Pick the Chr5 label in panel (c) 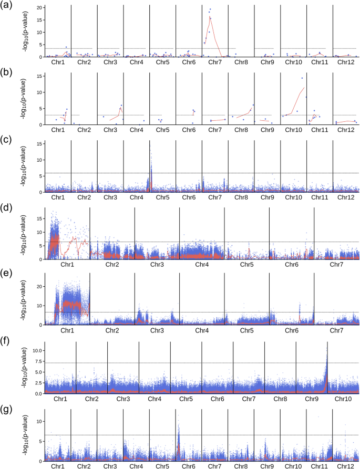162,197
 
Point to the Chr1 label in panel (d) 67,265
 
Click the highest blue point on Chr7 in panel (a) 210,9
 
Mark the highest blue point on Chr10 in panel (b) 302,78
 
